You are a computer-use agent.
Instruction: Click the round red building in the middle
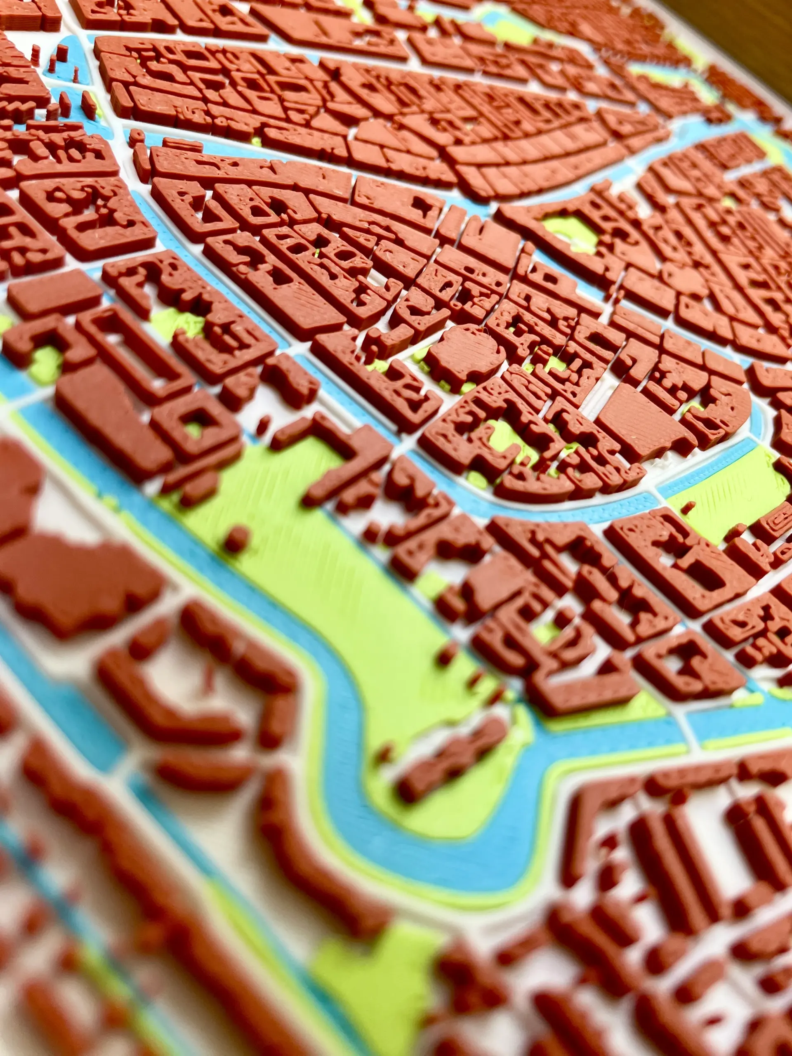(464, 356)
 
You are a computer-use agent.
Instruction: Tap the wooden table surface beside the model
(745, 28)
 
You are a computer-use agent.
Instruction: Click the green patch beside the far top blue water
(511, 33)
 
